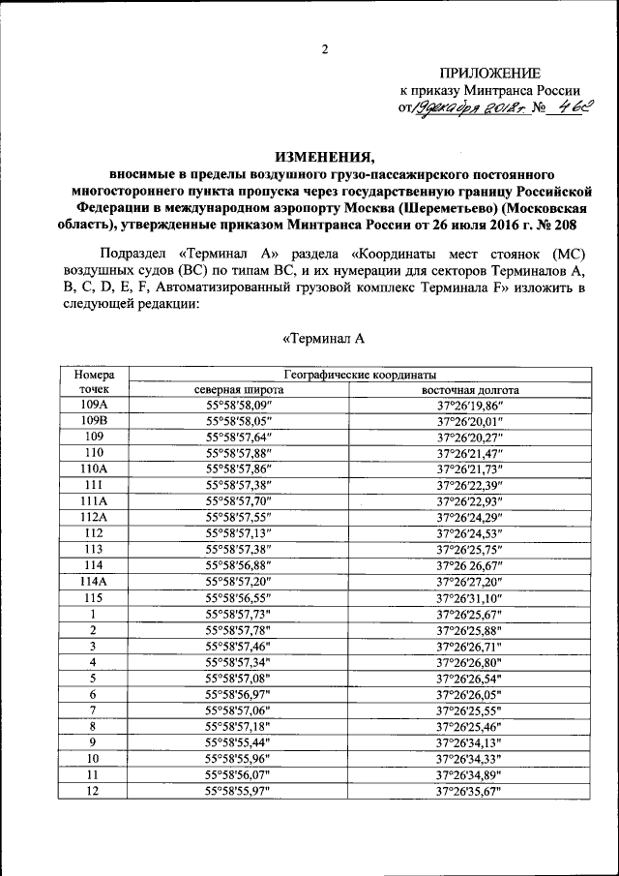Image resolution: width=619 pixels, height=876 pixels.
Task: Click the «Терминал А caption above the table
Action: click(322, 339)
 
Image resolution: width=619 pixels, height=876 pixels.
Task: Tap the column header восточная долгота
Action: click(470, 389)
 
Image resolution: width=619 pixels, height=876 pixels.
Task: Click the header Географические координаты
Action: click(359, 375)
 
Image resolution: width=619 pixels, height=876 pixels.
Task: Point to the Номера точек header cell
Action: click(94, 381)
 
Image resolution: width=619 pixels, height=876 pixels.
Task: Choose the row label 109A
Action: click(94, 405)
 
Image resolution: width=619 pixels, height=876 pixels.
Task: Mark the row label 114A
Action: click(94, 580)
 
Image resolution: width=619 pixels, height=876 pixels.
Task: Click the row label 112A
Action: click(94, 517)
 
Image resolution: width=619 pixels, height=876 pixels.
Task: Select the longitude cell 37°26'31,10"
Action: click(470, 596)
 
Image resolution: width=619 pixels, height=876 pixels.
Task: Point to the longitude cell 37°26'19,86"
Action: click(470, 406)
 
